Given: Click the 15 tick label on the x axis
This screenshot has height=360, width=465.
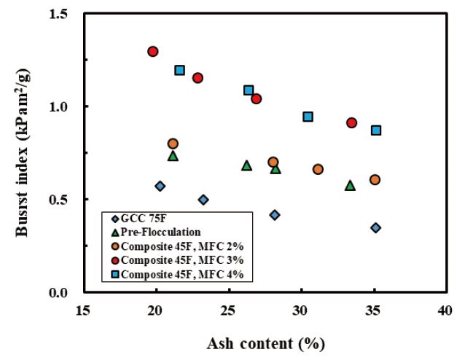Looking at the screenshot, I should point(83,310).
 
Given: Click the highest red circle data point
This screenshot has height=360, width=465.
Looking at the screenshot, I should point(153,52).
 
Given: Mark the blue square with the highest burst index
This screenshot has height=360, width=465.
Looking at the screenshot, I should point(180,71).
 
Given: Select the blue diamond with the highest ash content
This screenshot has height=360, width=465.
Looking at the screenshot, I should point(375,228).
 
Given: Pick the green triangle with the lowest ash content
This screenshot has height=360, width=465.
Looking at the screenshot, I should point(173,156).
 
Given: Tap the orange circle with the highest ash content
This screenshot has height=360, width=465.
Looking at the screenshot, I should point(375,180).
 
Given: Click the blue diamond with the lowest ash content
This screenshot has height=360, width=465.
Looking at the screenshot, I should point(160,187).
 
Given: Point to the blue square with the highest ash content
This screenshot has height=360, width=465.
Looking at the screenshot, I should point(376,130).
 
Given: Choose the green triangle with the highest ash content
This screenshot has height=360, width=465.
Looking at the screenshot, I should point(350,186).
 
